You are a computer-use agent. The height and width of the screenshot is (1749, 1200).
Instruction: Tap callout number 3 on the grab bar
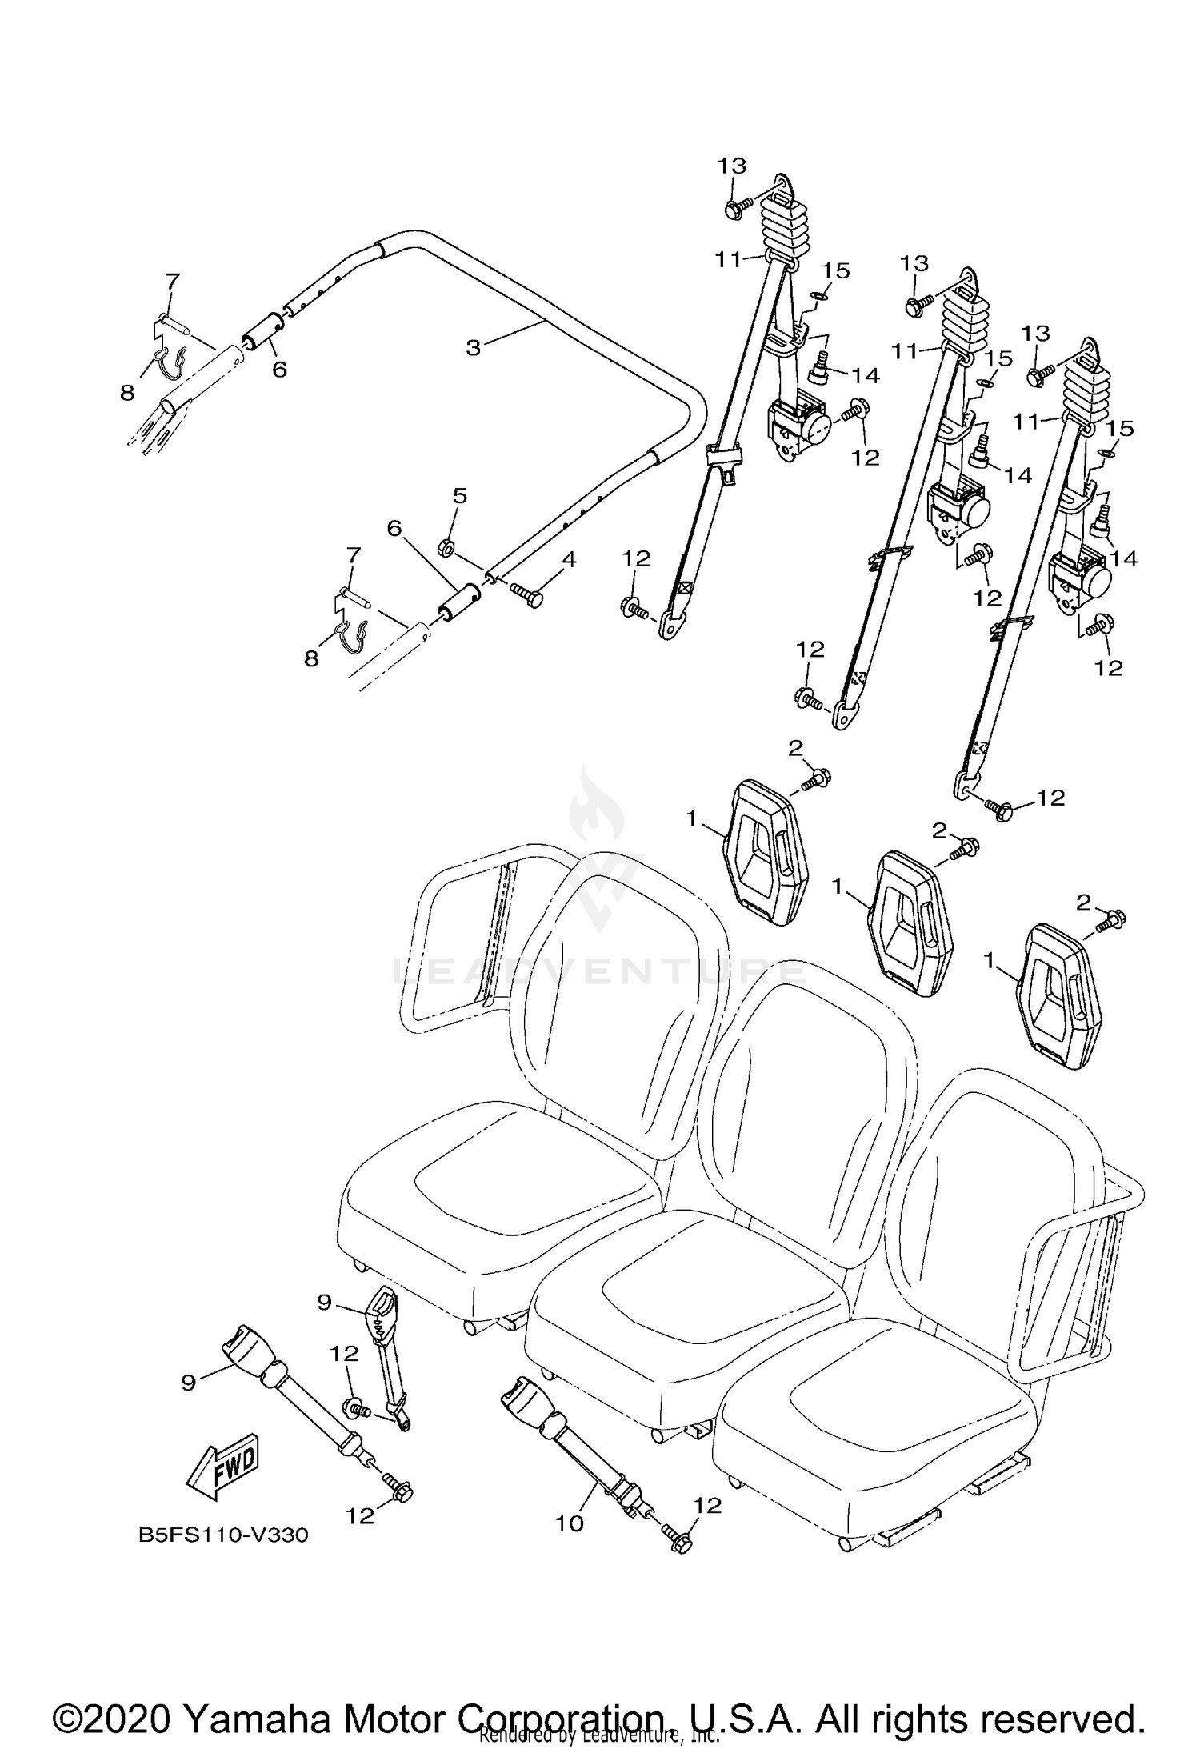pos(474,348)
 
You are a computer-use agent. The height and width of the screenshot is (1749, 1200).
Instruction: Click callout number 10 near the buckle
pos(570,1523)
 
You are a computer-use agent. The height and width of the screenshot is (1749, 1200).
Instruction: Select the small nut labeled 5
pos(446,548)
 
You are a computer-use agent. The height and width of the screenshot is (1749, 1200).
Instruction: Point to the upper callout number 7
pos(173,281)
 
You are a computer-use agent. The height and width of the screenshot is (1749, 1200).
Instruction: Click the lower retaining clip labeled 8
pos(350,636)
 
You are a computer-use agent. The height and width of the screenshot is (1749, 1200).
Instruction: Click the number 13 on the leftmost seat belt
pos(731,166)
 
